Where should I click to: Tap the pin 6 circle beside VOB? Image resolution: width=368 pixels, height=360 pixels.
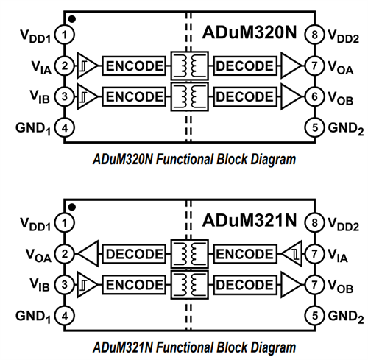click(x=314, y=96)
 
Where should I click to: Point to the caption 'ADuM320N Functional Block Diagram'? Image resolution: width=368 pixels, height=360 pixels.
click(x=184, y=158)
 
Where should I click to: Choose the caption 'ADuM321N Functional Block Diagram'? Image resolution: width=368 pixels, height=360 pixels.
click(x=184, y=346)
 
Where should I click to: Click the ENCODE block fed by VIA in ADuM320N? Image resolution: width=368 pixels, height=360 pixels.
click(x=133, y=66)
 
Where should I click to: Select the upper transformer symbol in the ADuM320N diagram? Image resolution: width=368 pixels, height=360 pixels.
click(x=188, y=66)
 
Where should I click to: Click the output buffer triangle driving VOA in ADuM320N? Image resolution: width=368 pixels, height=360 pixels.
click(x=292, y=66)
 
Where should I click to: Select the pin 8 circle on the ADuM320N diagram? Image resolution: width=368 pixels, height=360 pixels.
click(x=314, y=35)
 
